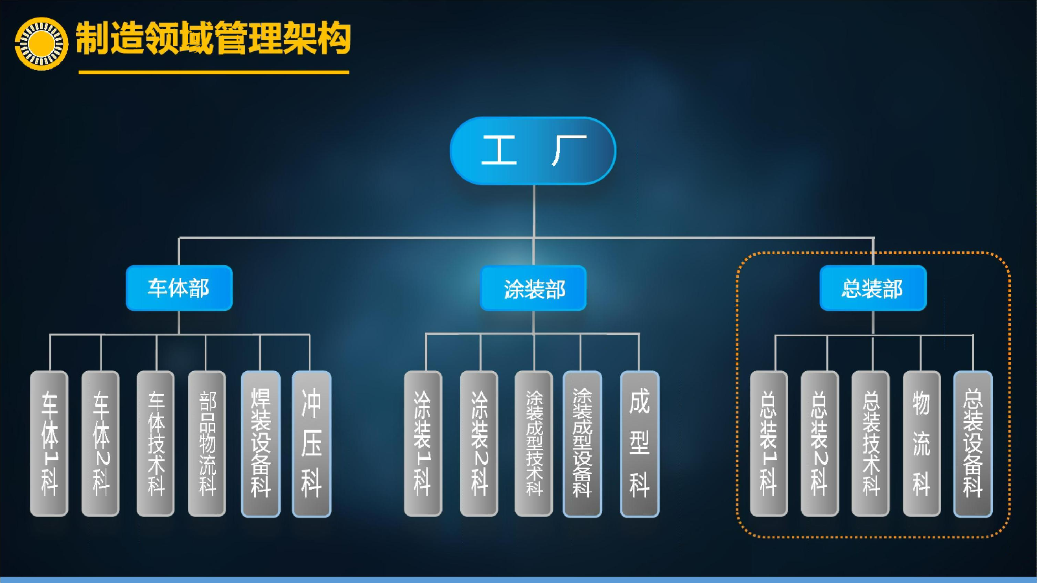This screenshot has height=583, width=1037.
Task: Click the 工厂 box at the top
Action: tap(533, 151)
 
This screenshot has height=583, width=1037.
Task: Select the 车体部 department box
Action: tap(179, 288)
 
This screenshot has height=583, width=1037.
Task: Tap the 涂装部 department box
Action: tap(533, 288)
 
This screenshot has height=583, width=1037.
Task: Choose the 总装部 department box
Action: tap(873, 288)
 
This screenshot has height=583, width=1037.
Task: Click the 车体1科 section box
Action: tap(49, 443)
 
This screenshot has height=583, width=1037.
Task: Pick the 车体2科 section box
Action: tap(100, 443)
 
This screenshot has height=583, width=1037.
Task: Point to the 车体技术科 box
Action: tap(156, 443)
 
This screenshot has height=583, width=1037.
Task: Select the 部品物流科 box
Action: tap(207, 443)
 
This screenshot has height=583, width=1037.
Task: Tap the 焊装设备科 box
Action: tap(261, 443)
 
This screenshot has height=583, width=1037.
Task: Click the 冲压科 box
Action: tap(312, 443)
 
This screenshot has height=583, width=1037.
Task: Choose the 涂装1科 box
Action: tap(423, 443)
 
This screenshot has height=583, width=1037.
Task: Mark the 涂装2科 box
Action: tap(479, 443)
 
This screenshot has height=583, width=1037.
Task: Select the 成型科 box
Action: tap(640, 443)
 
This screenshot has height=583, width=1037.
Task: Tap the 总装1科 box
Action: tap(769, 443)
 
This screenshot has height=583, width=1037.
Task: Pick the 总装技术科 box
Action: tap(871, 443)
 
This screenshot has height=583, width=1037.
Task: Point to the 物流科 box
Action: tap(922, 443)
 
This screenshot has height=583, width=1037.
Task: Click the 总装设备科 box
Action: tap(973, 443)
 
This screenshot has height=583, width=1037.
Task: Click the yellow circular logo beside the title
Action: tap(41, 44)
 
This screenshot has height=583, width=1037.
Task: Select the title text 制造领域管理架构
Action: tap(213, 38)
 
